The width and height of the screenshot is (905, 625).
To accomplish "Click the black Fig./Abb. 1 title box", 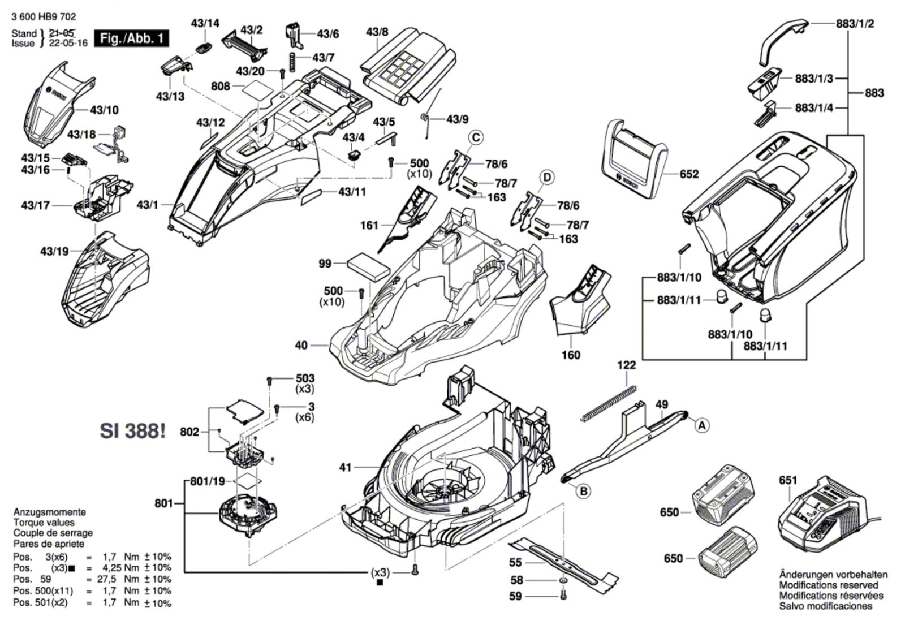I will [x=131, y=38].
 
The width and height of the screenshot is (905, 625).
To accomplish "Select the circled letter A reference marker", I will [x=701, y=425].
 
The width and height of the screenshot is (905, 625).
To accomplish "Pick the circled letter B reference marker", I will [x=583, y=491].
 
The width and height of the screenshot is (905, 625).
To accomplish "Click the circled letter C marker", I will [x=476, y=137].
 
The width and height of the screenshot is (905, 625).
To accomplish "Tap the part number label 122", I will [x=626, y=365].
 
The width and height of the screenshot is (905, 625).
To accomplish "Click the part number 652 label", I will [x=689, y=174].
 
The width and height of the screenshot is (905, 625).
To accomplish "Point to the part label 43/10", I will [x=105, y=110].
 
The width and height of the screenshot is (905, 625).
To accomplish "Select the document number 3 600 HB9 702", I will [x=43, y=18].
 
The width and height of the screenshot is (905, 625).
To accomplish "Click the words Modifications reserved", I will [x=829, y=585].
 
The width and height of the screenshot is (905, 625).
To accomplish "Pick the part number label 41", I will [x=345, y=467].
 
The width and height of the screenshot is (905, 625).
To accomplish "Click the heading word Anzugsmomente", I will [x=50, y=512].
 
